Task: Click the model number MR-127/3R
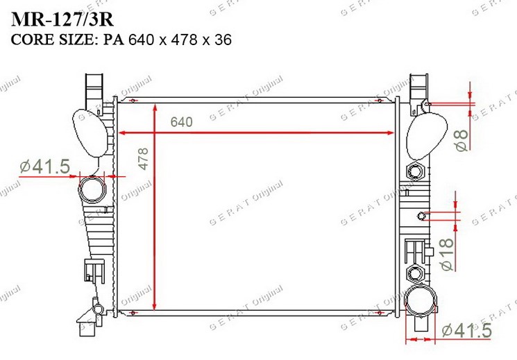point(62,20)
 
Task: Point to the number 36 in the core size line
point(223,40)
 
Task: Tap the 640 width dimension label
point(181,122)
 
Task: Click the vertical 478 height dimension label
point(143,159)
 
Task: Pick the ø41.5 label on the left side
point(45,166)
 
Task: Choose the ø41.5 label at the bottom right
point(466,330)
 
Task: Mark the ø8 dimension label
point(462,140)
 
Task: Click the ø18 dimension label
point(447,255)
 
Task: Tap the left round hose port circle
point(92,189)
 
